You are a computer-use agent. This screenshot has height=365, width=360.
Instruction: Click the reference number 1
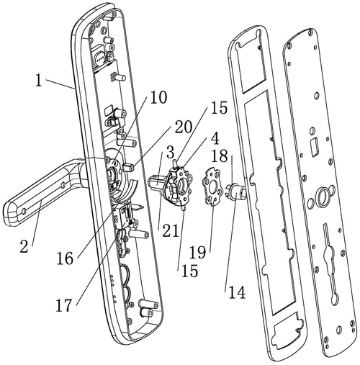coord(39,81)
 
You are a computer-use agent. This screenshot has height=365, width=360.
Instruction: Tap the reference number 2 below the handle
coord(24,247)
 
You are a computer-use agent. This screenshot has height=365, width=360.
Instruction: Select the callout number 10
coord(158,98)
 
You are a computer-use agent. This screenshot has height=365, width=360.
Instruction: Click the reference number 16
coord(65,258)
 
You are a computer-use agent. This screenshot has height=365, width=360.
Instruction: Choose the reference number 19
coord(198,253)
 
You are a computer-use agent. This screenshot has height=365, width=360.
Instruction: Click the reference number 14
coord(237,292)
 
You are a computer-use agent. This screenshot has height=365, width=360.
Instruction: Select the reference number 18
coord(220,156)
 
